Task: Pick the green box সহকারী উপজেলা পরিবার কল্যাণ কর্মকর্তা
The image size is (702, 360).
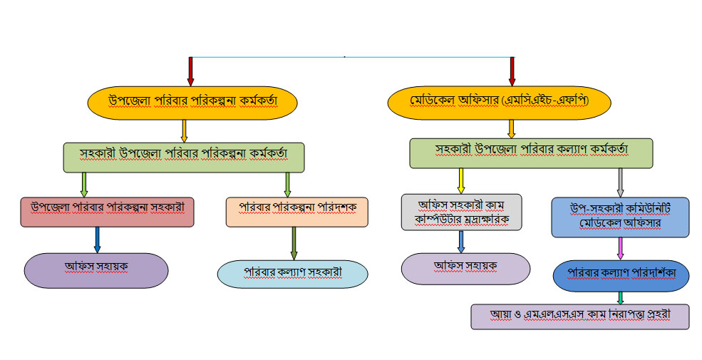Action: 531,152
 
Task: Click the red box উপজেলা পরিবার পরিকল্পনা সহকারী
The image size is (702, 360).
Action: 108,212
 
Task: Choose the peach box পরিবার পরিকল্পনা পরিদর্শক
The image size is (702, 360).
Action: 296,212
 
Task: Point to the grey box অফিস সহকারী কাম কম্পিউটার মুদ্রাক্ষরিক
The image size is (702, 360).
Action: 461,212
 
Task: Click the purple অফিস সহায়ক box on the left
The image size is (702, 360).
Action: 96,270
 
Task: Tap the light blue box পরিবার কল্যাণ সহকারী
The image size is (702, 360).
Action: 292,274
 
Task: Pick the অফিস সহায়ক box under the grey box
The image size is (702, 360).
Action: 465,268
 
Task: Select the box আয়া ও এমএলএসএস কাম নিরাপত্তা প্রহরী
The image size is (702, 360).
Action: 579,316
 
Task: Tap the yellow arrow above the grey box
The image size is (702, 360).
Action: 461,180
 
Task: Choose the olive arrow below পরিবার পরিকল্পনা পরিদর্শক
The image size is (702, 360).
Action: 294,243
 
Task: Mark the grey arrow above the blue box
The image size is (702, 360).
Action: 620,182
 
